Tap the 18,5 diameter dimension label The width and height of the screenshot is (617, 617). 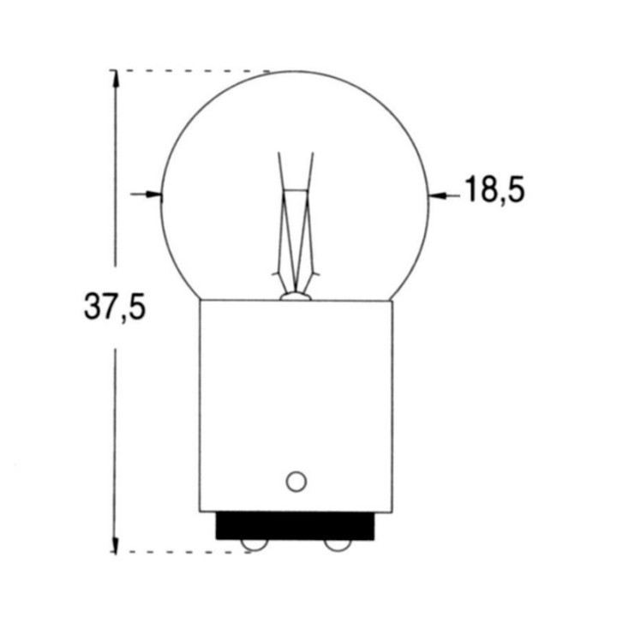tap(494, 190)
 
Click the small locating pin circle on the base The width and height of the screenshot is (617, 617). tap(296, 481)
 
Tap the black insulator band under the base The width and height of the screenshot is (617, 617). tap(296, 524)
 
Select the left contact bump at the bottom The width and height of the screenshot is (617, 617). tap(253, 545)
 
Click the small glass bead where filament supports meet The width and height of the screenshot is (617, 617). tap(295, 296)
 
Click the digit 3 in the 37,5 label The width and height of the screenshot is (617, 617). tap(93, 306)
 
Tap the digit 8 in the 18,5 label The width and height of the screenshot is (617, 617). tap(488, 190)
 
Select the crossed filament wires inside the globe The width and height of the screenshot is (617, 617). tap(296, 231)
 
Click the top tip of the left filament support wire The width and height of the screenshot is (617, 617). tap(278, 153)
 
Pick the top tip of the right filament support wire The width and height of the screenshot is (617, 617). tap(313, 153)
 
